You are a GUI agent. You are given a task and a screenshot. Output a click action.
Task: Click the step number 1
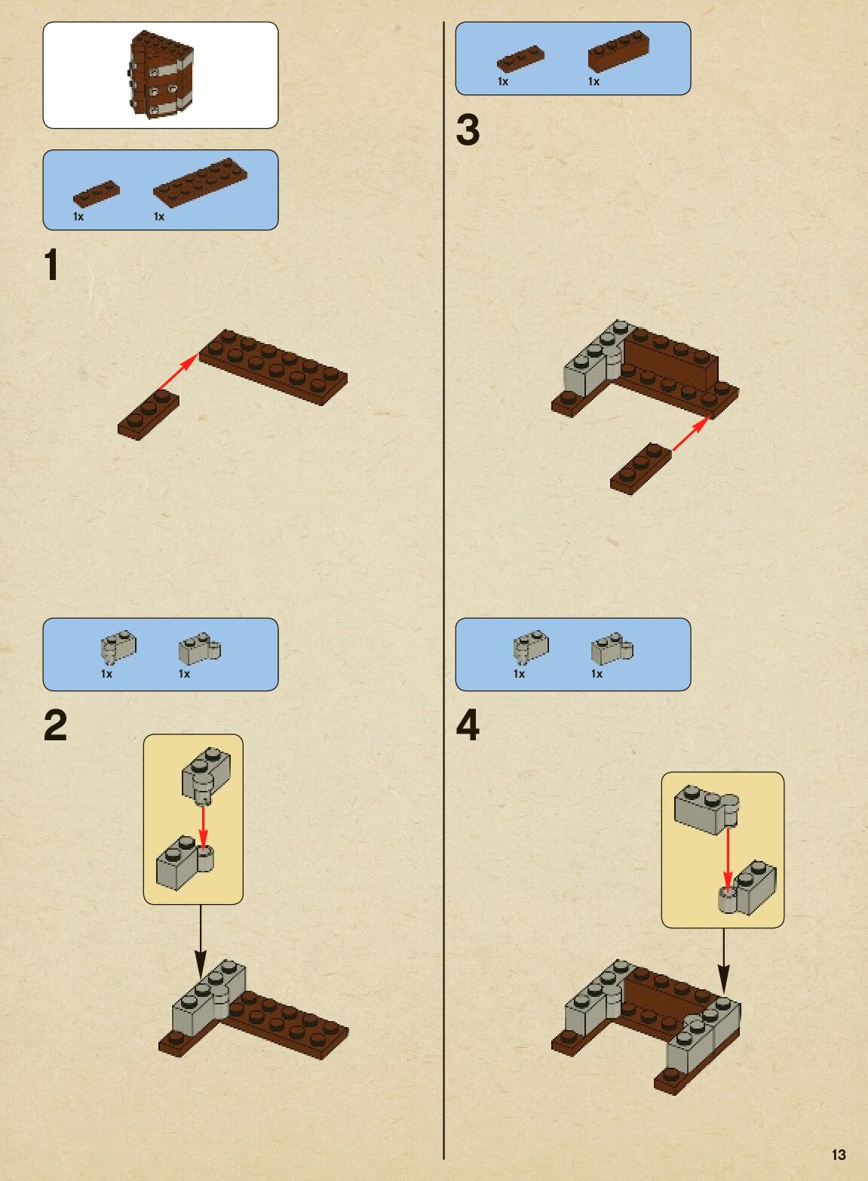[x=51, y=265]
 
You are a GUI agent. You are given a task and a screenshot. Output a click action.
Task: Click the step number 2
[x=55, y=725]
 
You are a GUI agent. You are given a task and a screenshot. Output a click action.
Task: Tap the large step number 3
[x=468, y=130]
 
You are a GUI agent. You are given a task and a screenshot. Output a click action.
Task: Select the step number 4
[x=468, y=725]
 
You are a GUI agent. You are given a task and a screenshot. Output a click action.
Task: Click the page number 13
[x=839, y=1155]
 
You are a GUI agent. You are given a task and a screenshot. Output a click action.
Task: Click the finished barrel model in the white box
[x=161, y=74]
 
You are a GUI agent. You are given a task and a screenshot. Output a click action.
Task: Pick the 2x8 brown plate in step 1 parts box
[x=201, y=182]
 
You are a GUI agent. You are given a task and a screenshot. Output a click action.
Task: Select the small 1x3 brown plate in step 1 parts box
[x=97, y=193]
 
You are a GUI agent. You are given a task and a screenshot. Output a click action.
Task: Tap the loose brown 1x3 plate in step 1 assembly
[x=149, y=416]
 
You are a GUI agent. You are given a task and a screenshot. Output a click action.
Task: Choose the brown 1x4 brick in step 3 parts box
[x=618, y=51]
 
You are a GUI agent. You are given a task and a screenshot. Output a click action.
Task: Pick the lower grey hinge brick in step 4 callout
[x=748, y=889]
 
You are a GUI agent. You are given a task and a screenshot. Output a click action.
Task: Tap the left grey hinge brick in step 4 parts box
[x=531, y=647]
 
